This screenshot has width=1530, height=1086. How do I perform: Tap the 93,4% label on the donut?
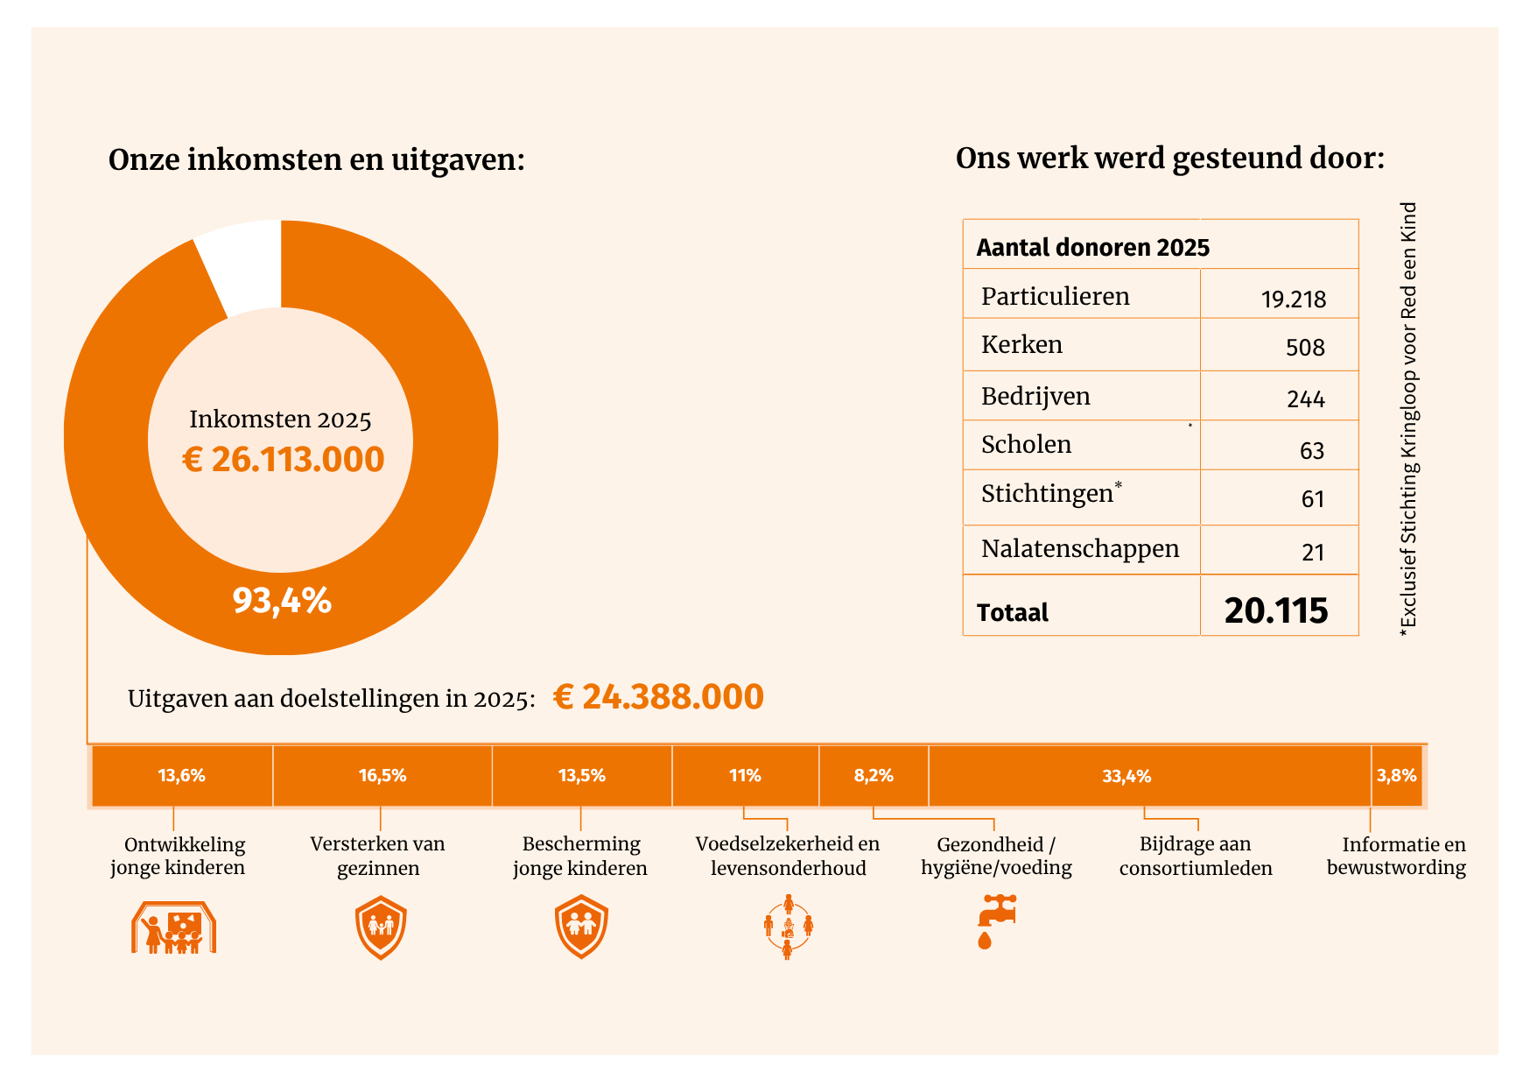[282, 601]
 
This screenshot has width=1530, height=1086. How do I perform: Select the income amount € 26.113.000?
[283, 460]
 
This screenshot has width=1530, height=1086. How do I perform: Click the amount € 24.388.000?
[658, 697]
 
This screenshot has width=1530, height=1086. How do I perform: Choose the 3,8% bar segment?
[1396, 776]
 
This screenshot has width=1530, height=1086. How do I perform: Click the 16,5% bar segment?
[382, 776]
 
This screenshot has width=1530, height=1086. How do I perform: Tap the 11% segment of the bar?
[745, 776]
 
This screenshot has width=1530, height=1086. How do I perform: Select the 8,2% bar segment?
[874, 776]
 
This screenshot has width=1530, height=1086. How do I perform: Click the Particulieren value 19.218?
[1293, 300]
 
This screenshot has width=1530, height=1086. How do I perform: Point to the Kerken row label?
[1021, 344]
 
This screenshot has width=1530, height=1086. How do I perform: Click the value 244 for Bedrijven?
[1306, 399]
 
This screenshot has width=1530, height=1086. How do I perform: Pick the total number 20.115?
[1276, 610]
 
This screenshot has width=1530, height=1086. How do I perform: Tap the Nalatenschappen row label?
[1080, 549]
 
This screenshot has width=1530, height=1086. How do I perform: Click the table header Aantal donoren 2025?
[1093, 248]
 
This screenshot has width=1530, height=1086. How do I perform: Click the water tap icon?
[996, 921]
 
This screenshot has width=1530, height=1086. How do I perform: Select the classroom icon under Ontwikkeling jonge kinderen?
[173, 927]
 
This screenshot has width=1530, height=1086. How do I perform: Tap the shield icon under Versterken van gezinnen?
[381, 927]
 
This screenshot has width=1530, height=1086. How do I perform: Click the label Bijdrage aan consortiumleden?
[1196, 857]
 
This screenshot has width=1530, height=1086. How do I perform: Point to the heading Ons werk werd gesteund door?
[1170, 159]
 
